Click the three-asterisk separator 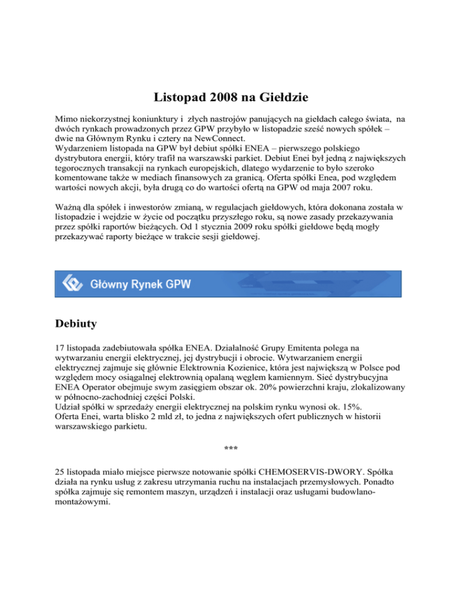coord(230,448)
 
